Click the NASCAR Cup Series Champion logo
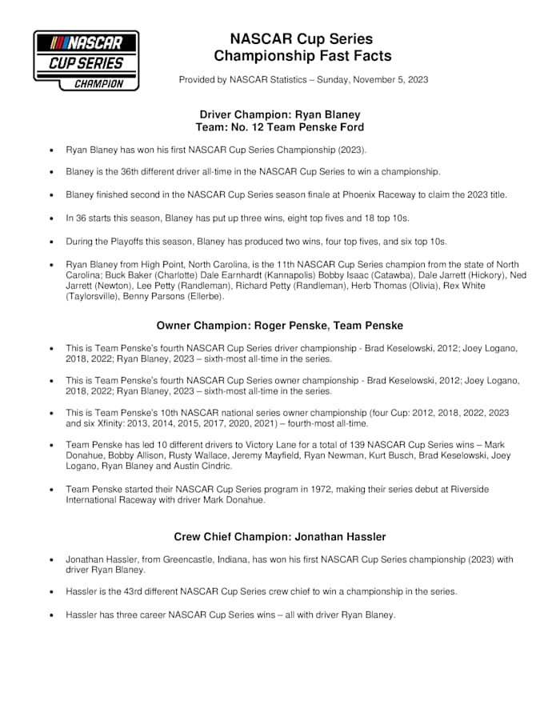point(86,60)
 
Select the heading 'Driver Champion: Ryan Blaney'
point(279,114)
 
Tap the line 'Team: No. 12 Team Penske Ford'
point(279,127)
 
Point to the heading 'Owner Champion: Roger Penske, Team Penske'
point(279,326)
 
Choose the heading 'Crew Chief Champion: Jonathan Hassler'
point(279,537)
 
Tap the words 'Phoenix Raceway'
point(386,194)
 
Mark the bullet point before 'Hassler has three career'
point(52,615)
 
